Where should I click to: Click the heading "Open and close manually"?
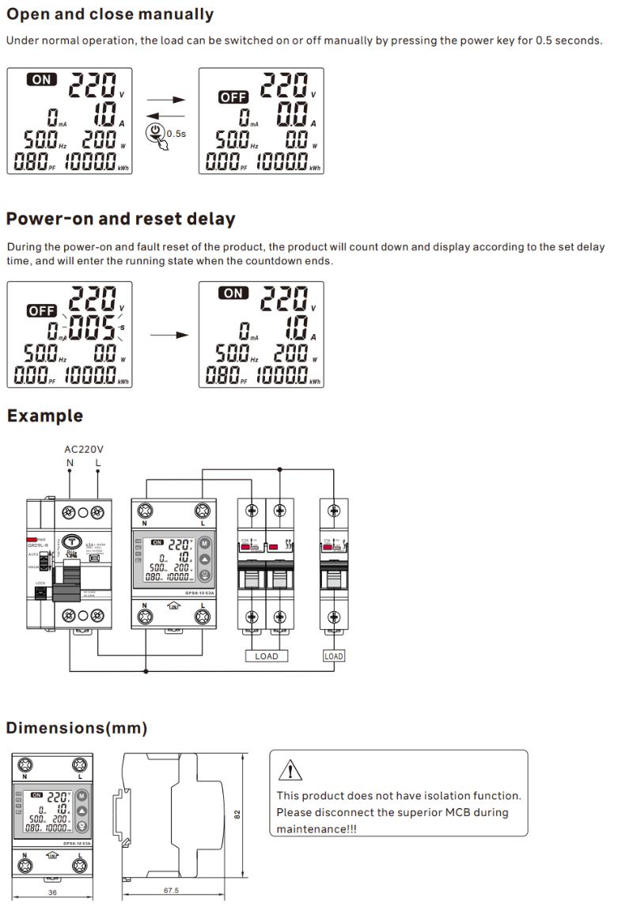coord(110,14)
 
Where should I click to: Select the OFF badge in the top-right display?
coord(233,97)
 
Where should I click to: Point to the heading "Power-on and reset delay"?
coord(120,218)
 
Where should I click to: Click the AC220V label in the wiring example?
coord(84,450)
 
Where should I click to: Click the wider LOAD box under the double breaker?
coord(267,656)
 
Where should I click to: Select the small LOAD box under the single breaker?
coord(334,656)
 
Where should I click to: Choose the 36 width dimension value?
coord(51,891)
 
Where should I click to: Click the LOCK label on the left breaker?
coord(40,583)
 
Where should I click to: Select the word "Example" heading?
coord(45,416)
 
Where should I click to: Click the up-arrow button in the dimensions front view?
coord(79,806)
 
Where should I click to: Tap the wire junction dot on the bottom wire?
coord(146,671)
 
